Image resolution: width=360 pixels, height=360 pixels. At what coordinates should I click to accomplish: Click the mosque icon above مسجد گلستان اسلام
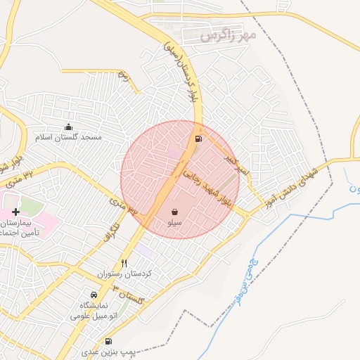click(x=68, y=127)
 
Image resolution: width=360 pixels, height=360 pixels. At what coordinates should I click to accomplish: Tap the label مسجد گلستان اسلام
click(x=70, y=137)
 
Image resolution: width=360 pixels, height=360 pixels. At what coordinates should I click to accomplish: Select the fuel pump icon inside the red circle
click(x=199, y=139)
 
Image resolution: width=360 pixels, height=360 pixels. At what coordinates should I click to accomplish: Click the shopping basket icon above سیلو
click(x=174, y=212)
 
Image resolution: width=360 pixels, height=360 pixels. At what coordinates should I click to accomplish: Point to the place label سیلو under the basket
click(x=174, y=222)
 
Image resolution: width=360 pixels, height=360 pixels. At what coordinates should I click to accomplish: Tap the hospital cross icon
click(x=15, y=212)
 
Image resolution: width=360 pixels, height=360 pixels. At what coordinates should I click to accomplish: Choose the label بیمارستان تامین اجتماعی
click(x=17, y=227)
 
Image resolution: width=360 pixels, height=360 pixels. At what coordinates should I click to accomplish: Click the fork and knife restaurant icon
click(x=124, y=262)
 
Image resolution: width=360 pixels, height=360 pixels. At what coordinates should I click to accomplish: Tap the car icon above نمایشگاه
click(x=94, y=295)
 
